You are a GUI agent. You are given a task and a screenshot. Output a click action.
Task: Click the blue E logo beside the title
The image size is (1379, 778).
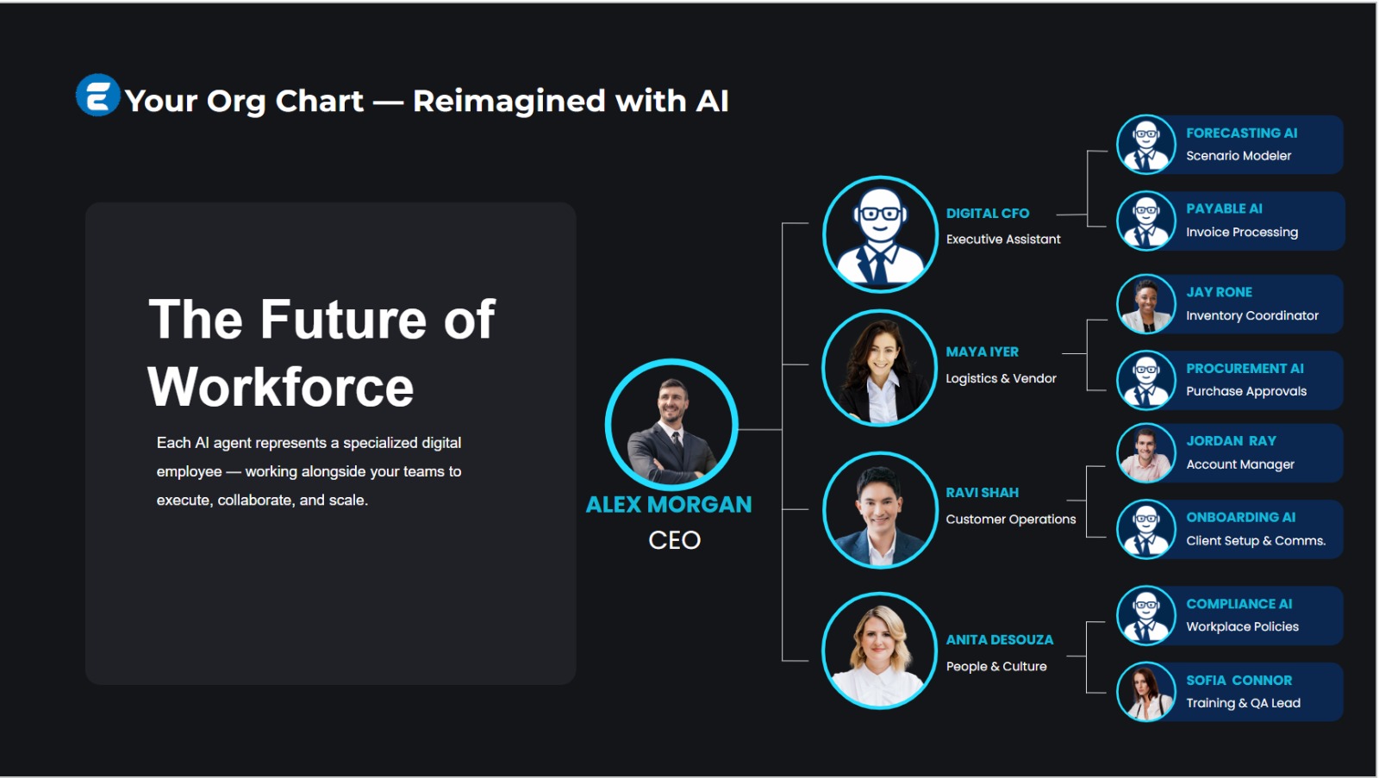(97, 96)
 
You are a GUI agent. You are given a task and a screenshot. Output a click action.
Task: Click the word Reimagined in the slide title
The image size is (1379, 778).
(509, 101)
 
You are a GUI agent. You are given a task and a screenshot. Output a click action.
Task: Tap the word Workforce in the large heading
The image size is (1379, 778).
(281, 387)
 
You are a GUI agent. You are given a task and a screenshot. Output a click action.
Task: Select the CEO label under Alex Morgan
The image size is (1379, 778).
(674, 540)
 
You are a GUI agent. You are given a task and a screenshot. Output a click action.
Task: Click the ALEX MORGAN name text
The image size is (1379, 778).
(669, 505)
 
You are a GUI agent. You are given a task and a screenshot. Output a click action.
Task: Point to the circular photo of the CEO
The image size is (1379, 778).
(671, 425)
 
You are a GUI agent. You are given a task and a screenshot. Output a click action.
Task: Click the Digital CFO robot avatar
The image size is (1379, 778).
(880, 233)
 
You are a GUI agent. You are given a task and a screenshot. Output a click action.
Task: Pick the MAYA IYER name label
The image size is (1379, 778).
(982, 352)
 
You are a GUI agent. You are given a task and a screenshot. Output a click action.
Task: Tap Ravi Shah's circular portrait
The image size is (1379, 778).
(880, 510)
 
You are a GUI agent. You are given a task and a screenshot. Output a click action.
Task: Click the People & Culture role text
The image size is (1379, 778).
(996, 667)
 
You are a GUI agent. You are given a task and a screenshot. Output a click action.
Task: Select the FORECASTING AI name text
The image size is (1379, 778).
(1241, 133)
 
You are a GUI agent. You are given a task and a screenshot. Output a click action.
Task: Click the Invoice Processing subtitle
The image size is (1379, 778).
(1242, 232)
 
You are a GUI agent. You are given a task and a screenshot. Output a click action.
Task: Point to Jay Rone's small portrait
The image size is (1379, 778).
(1145, 304)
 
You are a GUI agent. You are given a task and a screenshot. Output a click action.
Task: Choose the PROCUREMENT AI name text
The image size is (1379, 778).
(1245, 369)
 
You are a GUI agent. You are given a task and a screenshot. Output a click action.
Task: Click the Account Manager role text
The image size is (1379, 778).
(1240, 464)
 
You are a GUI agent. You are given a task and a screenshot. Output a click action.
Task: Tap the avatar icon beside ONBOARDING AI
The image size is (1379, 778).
(1145, 529)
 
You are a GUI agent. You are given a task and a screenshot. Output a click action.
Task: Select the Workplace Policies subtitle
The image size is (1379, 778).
(1242, 626)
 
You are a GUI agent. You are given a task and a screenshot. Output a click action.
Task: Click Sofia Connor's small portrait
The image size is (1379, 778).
(1145, 691)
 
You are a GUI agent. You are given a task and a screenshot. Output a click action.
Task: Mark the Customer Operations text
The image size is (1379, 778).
(1011, 520)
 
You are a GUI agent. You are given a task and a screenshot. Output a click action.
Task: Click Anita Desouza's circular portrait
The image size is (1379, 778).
(880, 650)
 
